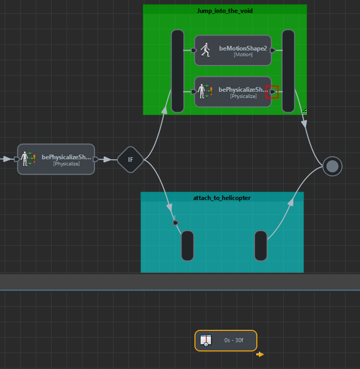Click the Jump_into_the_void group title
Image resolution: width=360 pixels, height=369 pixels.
[x=225, y=10]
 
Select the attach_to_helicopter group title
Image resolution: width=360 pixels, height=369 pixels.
[x=222, y=198]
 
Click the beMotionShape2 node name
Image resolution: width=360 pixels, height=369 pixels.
[x=243, y=48]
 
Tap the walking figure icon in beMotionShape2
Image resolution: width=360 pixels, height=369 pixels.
[x=205, y=50]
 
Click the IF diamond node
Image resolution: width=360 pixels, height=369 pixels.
[x=130, y=160]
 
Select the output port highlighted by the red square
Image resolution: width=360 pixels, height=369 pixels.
[x=272, y=92]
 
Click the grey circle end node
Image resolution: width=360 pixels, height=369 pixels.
[x=333, y=166]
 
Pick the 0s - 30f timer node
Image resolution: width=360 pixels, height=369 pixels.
[x=226, y=341]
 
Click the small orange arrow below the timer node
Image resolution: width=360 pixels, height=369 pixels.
[x=260, y=355]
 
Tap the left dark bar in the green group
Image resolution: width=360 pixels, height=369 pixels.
[x=177, y=71]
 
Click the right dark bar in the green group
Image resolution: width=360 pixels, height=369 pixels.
[x=288, y=71]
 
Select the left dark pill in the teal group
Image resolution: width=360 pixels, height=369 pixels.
[x=187, y=246]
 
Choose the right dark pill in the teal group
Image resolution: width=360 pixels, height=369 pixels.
[x=261, y=246]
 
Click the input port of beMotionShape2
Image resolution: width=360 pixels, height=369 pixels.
[x=193, y=51]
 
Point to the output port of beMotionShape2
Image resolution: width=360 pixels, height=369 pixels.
[x=272, y=51]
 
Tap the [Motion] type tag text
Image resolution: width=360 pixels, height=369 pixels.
[x=243, y=55]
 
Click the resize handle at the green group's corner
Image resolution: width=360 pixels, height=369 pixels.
[x=304, y=111]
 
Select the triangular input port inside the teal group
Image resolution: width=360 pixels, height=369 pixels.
[x=175, y=223]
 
